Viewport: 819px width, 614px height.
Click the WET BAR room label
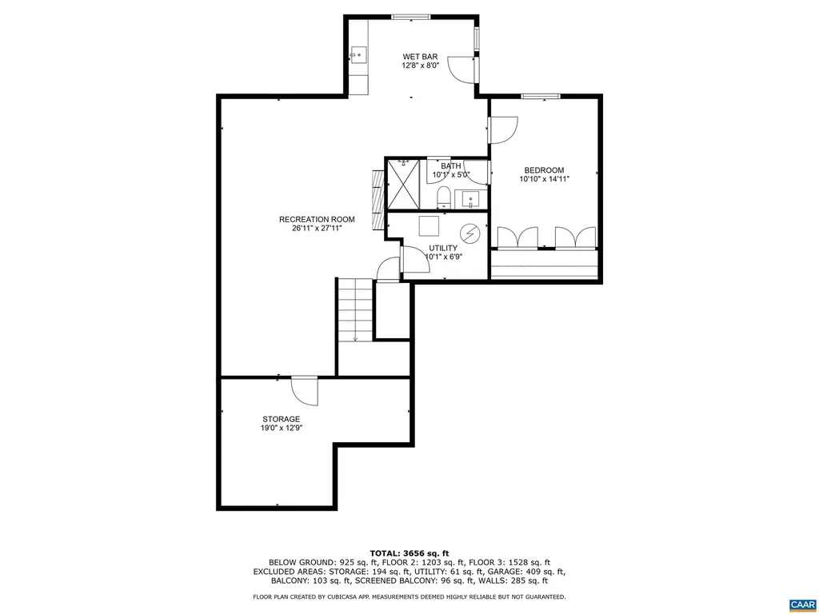420,57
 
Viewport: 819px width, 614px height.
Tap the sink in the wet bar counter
358,54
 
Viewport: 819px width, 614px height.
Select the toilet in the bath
444,196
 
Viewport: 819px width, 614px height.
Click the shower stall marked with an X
406,184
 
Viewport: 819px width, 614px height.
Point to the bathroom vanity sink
470,198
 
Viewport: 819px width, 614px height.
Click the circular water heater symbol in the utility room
473,234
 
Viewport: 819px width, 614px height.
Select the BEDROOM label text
544,170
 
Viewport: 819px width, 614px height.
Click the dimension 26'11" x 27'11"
317,229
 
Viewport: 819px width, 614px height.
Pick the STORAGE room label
281,419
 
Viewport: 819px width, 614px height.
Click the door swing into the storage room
305,391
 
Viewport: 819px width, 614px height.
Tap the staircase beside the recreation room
354,310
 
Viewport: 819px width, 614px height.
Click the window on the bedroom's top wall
541,97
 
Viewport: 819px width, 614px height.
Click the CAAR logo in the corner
801,603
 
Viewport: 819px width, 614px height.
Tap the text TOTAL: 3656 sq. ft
409,553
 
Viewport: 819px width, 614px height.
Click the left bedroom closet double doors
518,237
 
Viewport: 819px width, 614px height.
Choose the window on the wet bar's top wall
410,16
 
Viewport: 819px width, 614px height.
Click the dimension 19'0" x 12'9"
281,429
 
